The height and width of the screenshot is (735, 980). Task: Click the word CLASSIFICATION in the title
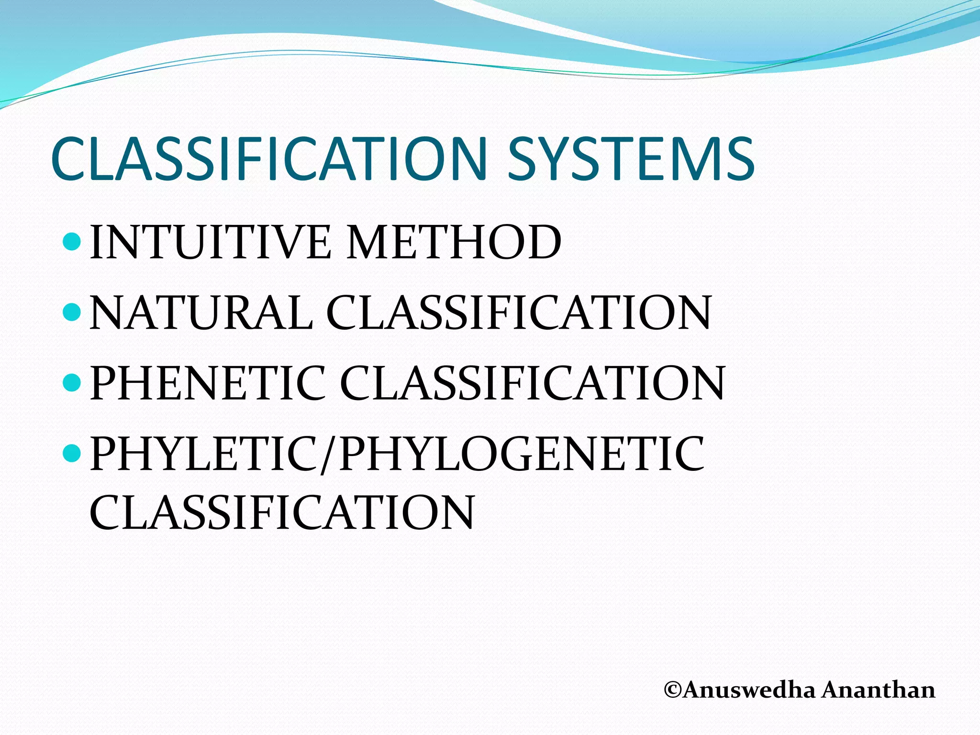pyautogui.click(x=268, y=159)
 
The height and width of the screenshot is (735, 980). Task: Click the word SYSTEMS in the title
pyautogui.click(x=631, y=159)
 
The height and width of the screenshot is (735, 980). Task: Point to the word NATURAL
pyautogui.click(x=200, y=313)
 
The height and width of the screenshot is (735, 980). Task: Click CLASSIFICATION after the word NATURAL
pyautogui.click(x=519, y=313)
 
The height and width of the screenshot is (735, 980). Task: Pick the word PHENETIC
pyautogui.click(x=208, y=383)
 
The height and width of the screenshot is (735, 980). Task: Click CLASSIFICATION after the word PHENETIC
pyautogui.click(x=532, y=383)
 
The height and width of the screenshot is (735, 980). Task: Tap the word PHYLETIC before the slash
pyautogui.click(x=205, y=454)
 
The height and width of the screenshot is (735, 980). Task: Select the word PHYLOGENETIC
pyautogui.click(x=522, y=454)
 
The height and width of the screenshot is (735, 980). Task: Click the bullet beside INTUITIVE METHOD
pyautogui.click(x=72, y=241)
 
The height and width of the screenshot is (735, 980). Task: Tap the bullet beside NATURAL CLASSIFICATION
pyautogui.click(x=72, y=312)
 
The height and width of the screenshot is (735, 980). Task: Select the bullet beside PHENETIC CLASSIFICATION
pyautogui.click(x=72, y=382)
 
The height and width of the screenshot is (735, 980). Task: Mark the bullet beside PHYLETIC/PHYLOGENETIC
pyautogui.click(x=72, y=452)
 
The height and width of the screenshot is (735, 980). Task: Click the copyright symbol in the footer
pyautogui.click(x=673, y=690)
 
